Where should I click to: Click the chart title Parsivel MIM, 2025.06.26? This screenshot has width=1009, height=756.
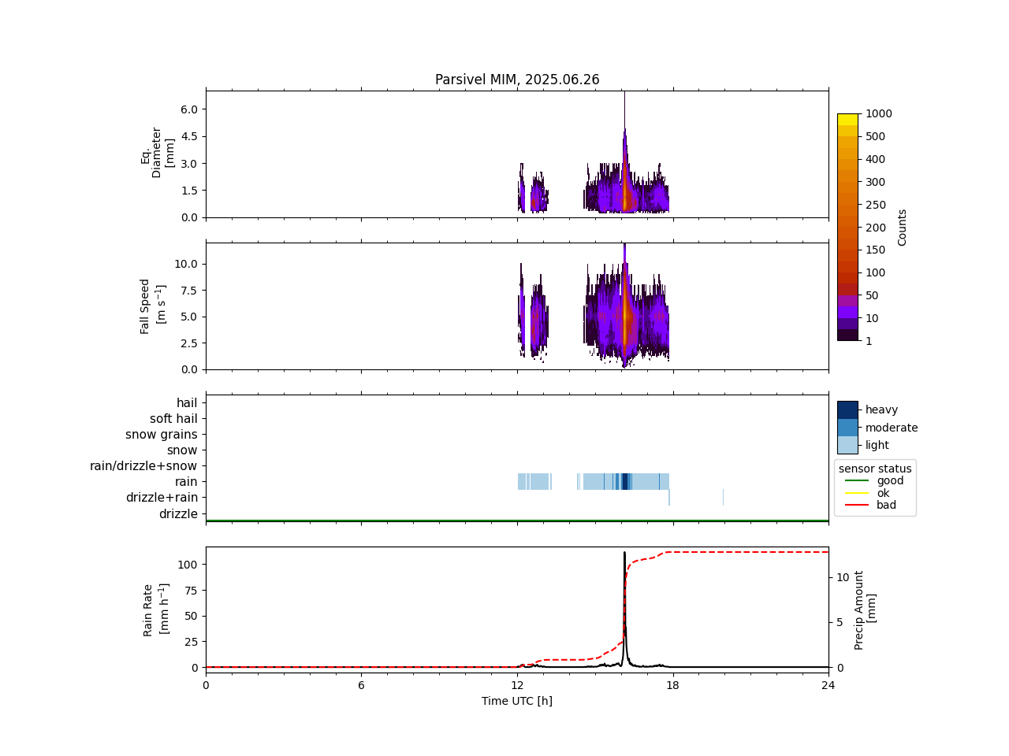(517, 80)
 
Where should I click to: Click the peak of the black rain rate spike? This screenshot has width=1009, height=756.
(624, 553)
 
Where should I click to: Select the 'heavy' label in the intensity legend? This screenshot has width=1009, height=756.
(881, 409)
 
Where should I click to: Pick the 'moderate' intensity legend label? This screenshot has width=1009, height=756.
(892, 428)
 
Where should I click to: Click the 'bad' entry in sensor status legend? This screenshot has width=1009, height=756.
(886, 505)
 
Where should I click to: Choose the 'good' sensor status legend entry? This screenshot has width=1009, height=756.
(890, 480)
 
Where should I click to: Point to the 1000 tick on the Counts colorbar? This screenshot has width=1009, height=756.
(879, 113)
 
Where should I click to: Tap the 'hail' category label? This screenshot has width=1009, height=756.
(187, 403)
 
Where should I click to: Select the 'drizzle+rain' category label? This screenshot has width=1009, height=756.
(162, 498)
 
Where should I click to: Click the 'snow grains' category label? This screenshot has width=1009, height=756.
(161, 435)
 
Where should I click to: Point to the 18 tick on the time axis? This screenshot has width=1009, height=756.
(672, 685)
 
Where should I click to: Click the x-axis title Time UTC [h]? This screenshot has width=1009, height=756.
(517, 701)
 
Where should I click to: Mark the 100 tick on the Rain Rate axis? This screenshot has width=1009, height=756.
(187, 565)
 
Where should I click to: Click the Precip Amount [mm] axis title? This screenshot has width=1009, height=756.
(865, 610)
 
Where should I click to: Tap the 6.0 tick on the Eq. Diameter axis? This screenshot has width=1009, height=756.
(188, 109)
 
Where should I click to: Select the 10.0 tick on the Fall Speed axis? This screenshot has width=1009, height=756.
(185, 264)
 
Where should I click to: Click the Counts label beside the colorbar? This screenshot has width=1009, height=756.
(903, 227)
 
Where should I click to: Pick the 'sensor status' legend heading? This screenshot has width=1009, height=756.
(875, 469)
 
